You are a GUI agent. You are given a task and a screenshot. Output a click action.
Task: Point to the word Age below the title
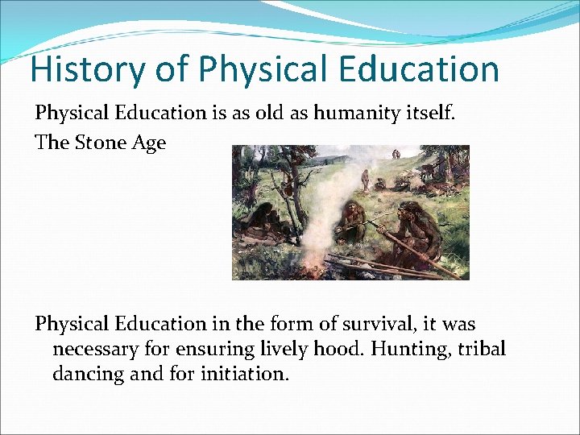pyautogui.click(x=149, y=144)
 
